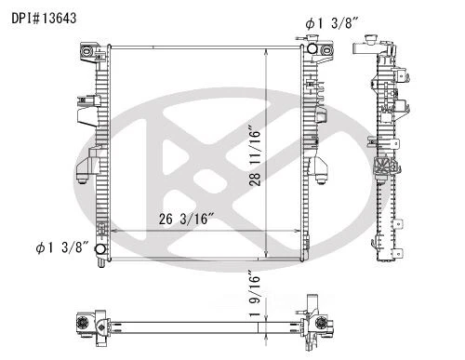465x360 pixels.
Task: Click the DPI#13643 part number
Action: [44, 19]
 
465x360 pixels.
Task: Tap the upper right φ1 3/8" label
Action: [332, 23]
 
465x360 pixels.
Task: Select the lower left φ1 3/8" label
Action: [62, 247]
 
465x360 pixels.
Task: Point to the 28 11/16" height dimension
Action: [255, 155]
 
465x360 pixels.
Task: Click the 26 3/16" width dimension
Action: [187, 219]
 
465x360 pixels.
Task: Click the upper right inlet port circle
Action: [312, 48]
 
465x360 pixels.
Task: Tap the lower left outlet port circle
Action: [100, 249]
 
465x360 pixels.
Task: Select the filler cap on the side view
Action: [371, 40]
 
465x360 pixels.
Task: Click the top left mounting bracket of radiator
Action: [89, 52]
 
